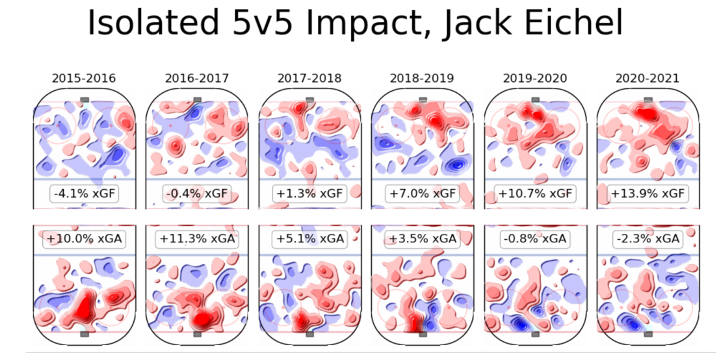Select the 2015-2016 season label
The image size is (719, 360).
84,79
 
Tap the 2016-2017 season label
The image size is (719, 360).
197,79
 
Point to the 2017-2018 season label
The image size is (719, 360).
309,79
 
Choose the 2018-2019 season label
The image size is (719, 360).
422,79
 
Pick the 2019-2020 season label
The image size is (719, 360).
535,79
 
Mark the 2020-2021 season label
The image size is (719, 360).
647,79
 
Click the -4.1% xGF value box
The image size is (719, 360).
84,193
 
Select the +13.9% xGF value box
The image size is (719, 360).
647,193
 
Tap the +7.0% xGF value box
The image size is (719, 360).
422,193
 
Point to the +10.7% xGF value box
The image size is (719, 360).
535,193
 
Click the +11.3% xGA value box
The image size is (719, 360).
197,239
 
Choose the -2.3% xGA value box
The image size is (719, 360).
647,239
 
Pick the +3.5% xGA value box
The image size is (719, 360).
422,239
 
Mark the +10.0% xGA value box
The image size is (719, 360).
84,239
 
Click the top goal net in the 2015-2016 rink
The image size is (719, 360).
84,99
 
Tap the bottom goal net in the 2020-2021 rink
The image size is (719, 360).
647,334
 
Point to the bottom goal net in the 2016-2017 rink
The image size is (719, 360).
197,334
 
